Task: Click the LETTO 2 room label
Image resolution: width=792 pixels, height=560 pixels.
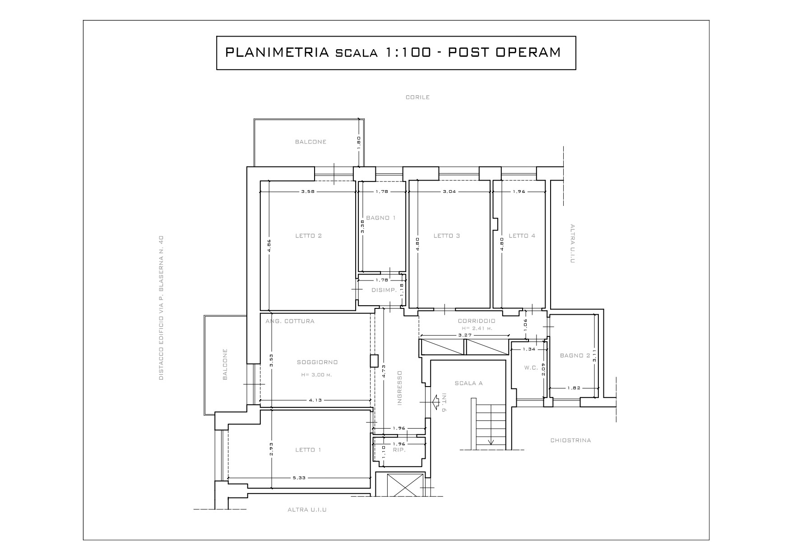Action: point(308,236)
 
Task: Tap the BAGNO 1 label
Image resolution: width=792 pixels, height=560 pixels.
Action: point(381,218)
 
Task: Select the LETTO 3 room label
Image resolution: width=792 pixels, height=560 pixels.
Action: point(446,236)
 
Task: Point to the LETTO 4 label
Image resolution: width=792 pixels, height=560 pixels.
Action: point(522,236)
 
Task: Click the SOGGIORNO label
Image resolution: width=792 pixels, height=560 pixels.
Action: point(317,362)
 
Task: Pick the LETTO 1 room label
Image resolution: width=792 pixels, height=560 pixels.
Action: point(308,450)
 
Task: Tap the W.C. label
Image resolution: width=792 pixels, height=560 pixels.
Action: point(531,368)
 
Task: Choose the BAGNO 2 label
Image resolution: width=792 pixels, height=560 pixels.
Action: point(575,355)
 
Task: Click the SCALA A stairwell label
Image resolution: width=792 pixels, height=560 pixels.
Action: point(468,383)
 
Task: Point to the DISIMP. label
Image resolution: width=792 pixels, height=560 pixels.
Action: point(384,290)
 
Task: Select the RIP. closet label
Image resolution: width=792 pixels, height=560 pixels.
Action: point(399,450)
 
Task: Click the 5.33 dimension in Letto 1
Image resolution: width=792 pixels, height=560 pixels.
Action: point(299,478)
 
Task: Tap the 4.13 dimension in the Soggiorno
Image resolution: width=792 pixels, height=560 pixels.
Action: point(315,400)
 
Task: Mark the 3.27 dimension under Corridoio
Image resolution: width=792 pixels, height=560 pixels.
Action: point(465,335)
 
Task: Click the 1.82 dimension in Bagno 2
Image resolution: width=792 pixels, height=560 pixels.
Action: point(574,387)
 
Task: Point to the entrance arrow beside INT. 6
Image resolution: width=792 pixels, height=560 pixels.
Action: point(436,401)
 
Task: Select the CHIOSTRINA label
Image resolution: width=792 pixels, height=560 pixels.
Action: point(570,440)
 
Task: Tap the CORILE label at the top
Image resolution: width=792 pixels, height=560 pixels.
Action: point(417,97)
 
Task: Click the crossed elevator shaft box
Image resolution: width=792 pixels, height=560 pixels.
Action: point(400,485)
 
